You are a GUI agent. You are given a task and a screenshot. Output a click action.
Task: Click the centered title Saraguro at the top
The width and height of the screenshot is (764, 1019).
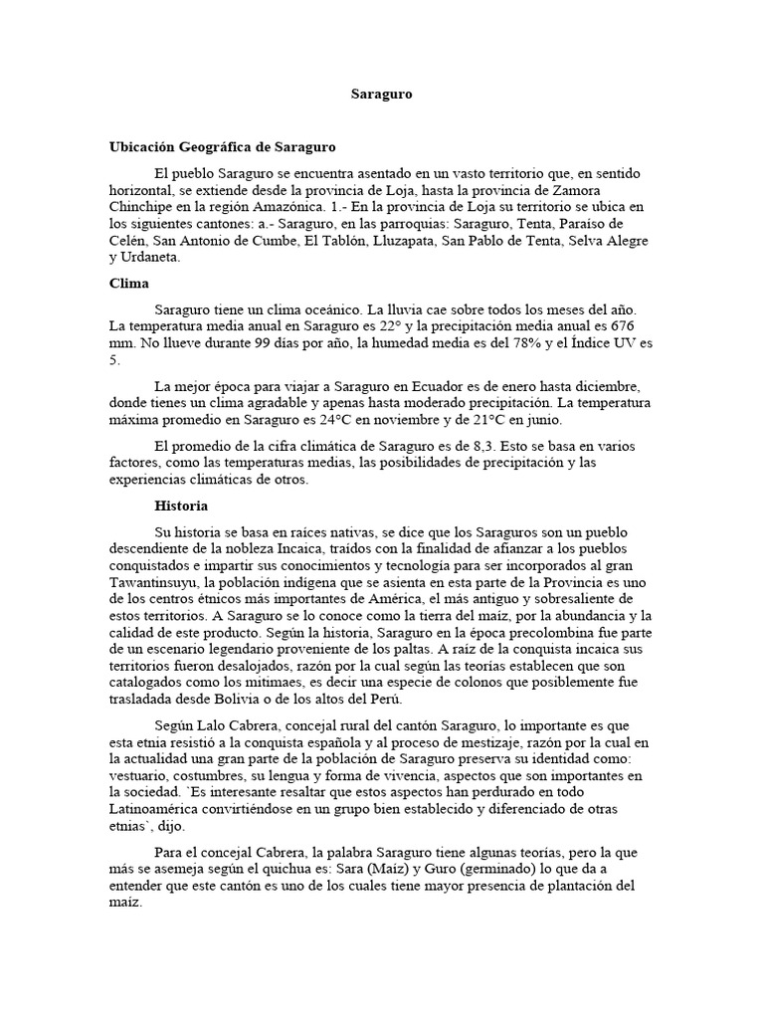(381, 95)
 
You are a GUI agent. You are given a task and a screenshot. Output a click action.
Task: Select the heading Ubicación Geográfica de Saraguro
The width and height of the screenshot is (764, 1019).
(223, 146)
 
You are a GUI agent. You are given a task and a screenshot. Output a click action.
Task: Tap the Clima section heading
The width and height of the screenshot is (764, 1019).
(128, 283)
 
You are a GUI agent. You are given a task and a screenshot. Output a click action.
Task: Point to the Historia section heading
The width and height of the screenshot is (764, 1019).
(181, 506)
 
